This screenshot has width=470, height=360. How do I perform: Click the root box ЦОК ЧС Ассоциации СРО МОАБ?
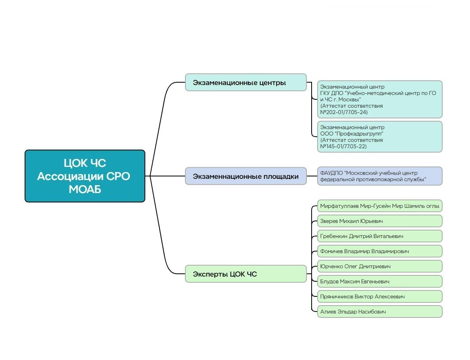pos(85,176)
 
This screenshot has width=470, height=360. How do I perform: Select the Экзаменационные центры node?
pos(245,82)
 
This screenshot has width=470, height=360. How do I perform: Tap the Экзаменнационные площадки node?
pos(245,176)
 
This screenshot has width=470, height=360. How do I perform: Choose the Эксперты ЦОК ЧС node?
pos(245,274)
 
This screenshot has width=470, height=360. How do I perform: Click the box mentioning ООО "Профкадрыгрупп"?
pos(379,137)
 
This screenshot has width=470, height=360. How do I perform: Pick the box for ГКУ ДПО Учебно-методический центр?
pos(379,99)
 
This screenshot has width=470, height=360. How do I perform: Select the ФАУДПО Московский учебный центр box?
pos(379,176)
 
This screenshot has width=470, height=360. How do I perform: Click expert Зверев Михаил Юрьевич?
pos(379,221)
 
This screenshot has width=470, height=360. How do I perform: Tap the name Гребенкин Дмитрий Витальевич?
pos(379,236)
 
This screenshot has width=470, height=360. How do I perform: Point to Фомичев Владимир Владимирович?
pos(379,251)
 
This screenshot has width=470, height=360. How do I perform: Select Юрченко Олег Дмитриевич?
pos(379,266)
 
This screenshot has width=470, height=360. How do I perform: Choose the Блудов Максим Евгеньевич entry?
pos(379,281)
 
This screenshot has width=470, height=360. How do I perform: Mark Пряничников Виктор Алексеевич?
pos(379,296)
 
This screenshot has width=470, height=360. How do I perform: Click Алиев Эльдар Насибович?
pos(379,312)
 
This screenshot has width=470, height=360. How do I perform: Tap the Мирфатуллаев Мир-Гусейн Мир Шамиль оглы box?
pos(379,206)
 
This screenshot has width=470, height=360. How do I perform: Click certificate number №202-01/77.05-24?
pos(344,112)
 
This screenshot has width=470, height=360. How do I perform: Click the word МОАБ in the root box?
pos(85,190)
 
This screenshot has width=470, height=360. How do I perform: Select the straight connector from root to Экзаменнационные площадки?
pos(167,176)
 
